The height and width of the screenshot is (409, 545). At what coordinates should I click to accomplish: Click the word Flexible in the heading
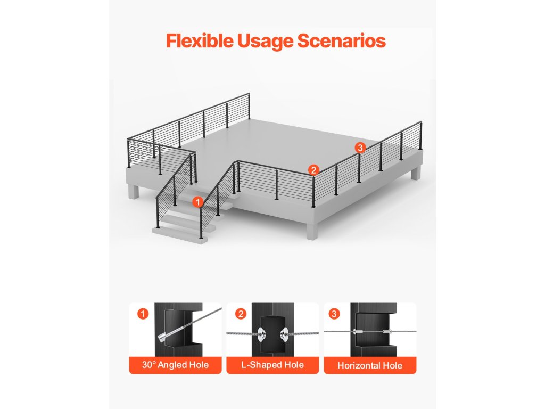[200, 40]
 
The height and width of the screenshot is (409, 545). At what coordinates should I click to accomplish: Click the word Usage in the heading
[266, 42]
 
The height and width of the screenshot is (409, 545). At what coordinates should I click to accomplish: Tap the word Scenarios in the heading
[341, 40]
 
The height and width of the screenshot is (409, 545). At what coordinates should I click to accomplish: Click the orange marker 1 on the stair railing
[198, 202]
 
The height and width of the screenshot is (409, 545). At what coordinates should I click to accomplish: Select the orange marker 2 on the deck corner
[313, 170]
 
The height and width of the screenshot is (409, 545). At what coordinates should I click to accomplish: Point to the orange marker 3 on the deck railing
[360, 148]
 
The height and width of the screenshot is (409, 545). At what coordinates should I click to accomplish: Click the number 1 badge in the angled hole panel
[143, 314]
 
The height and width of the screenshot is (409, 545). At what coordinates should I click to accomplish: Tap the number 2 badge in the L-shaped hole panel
[241, 314]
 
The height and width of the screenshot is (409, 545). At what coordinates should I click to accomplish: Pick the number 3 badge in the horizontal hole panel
[334, 314]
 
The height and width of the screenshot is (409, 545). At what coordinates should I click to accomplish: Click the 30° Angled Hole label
[175, 365]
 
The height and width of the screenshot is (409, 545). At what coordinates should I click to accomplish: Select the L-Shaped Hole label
[272, 365]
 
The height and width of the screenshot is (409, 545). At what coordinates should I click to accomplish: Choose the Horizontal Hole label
[370, 365]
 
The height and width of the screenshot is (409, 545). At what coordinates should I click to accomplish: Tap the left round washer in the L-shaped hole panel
[261, 334]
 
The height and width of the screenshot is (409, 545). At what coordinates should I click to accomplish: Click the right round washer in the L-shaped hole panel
[284, 334]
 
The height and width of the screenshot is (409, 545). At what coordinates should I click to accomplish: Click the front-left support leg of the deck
[134, 191]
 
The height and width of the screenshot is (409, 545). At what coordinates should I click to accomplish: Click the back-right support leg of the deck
[416, 173]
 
